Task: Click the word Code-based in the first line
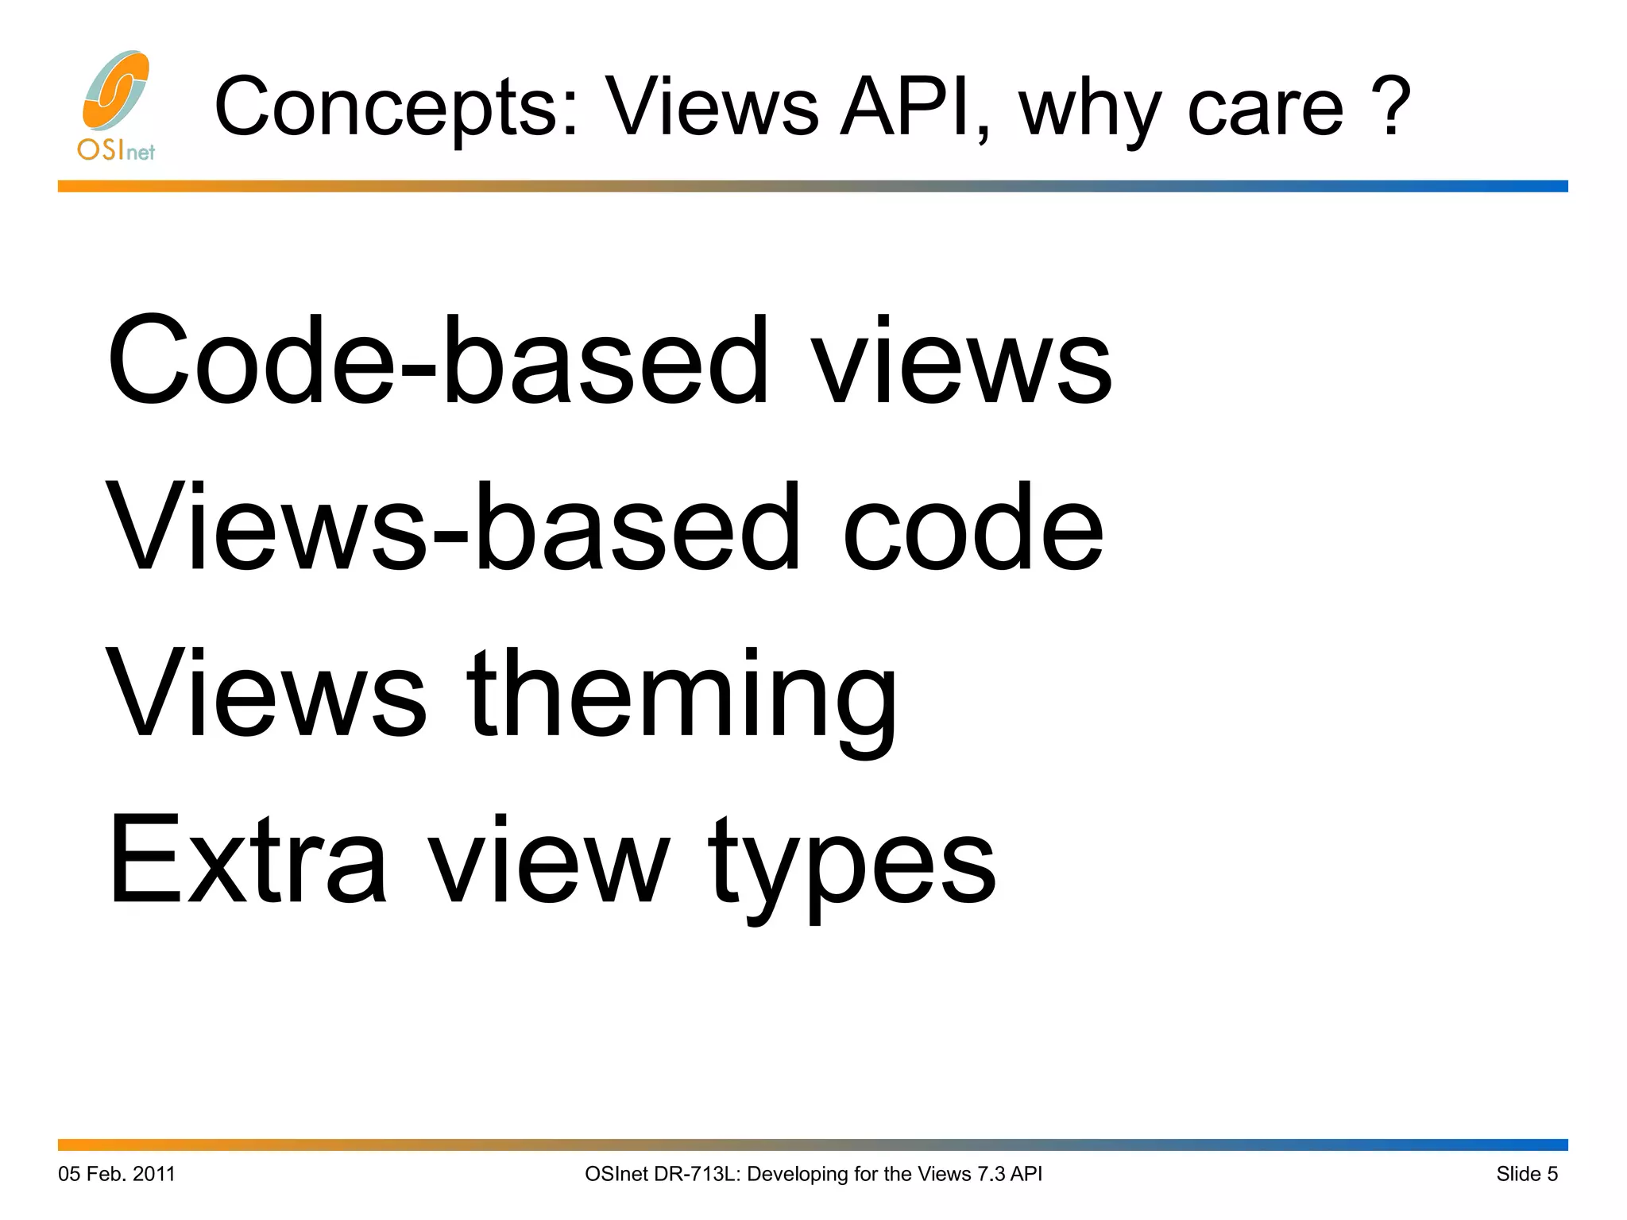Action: [x=438, y=362]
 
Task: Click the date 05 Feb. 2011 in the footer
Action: [x=117, y=1174]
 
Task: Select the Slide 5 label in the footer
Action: [x=1527, y=1174]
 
